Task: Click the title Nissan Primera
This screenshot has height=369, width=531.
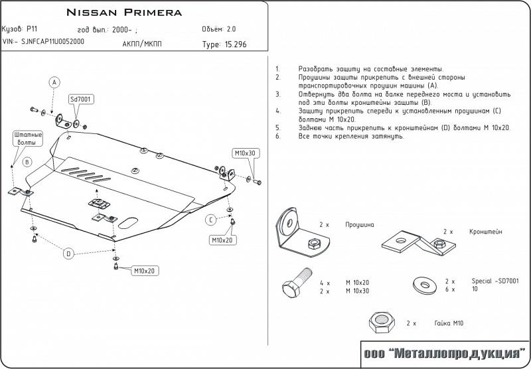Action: point(124,13)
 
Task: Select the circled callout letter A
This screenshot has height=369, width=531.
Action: point(55,82)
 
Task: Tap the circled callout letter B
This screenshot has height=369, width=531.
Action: point(27,162)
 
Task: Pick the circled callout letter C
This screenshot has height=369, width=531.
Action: point(210,220)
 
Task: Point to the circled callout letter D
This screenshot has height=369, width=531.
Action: point(68,252)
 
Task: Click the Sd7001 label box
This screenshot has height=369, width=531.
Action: point(80,100)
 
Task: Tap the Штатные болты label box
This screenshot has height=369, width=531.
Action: point(27,138)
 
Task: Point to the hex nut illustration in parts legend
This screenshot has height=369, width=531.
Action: point(381,323)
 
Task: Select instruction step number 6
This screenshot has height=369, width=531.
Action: point(277,135)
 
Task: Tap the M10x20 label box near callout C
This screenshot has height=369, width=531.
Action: point(222,239)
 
